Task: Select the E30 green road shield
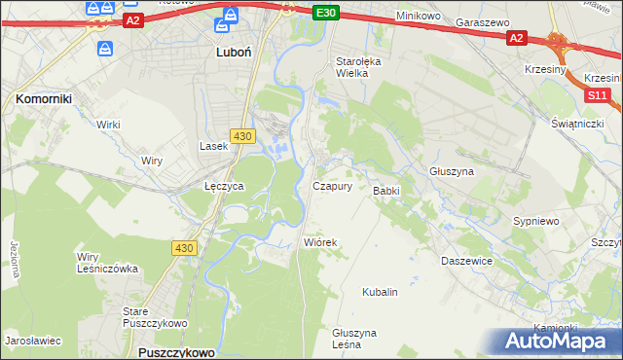click(x=326, y=13)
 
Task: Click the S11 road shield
click(x=597, y=96)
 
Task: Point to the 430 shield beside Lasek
click(x=243, y=135)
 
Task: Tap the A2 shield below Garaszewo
click(x=516, y=38)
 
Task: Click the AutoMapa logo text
click(x=561, y=342)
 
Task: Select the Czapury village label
click(x=332, y=186)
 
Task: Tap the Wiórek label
click(x=320, y=242)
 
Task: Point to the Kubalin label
click(x=380, y=292)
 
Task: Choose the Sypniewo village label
click(x=535, y=222)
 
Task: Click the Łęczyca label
click(x=223, y=185)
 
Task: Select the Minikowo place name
click(x=420, y=17)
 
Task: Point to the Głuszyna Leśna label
click(x=353, y=338)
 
